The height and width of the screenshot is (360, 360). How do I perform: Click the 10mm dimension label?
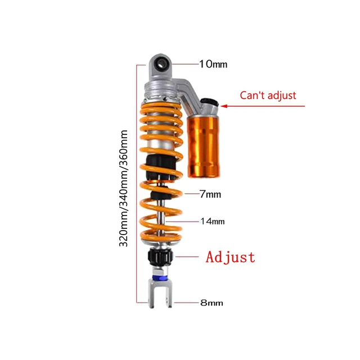tap(213, 64)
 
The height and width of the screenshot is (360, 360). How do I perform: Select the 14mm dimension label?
tap(213, 221)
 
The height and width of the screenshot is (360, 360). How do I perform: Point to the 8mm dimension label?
tap(211, 303)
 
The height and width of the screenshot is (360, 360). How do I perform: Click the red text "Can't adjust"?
tap(268, 96)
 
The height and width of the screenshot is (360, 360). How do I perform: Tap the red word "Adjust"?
tap(230, 258)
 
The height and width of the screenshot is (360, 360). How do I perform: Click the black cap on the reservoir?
tap(209, 104)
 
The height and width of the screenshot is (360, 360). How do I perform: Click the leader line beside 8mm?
tap(186, 303)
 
